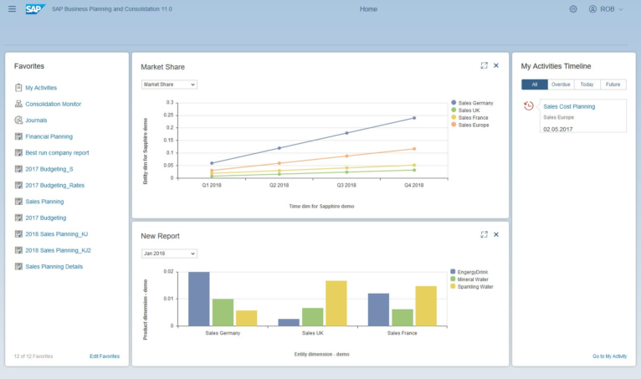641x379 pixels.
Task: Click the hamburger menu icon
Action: tap(12, 9)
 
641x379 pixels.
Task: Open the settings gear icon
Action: tap(573, 9)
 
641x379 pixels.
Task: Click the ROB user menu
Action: tap(607, 9)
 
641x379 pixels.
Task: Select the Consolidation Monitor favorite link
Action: tap(54, 104)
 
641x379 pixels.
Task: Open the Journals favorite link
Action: tap(37, 120)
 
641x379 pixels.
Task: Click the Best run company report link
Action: tap(57, 152)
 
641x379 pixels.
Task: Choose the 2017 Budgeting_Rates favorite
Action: tap(54, 185)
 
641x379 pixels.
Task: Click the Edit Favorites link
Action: tap(105, 356)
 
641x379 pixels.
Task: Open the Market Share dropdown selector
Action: tap(169, 85)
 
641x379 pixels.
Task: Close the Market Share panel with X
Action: tap(496, 65)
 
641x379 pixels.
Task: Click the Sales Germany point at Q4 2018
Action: tap(413, 118)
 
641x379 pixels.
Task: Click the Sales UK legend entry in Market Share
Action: tap(465, 110)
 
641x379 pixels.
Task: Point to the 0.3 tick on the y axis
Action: tap(170, 102)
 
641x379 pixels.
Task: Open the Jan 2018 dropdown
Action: tap(169, 254)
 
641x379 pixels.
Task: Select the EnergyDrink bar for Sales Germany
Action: tap(199, 299)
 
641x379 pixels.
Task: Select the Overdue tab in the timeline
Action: tap(561, 85)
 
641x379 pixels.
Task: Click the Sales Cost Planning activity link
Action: tap(569, 106)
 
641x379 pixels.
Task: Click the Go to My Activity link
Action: tap(609, 356)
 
